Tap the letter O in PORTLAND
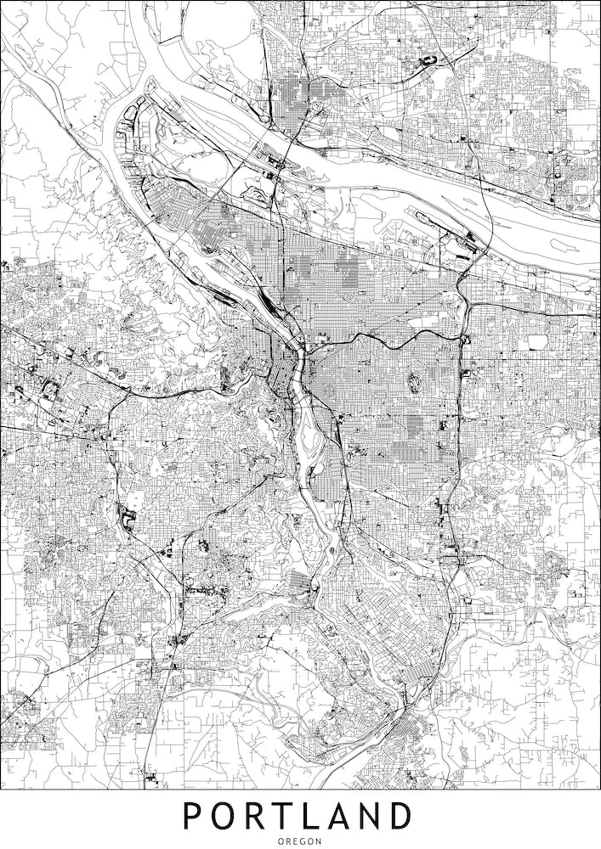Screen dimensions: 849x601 coord(224,816)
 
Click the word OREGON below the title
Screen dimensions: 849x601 coord(300,841)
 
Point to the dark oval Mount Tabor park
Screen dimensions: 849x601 coord(415,381)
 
